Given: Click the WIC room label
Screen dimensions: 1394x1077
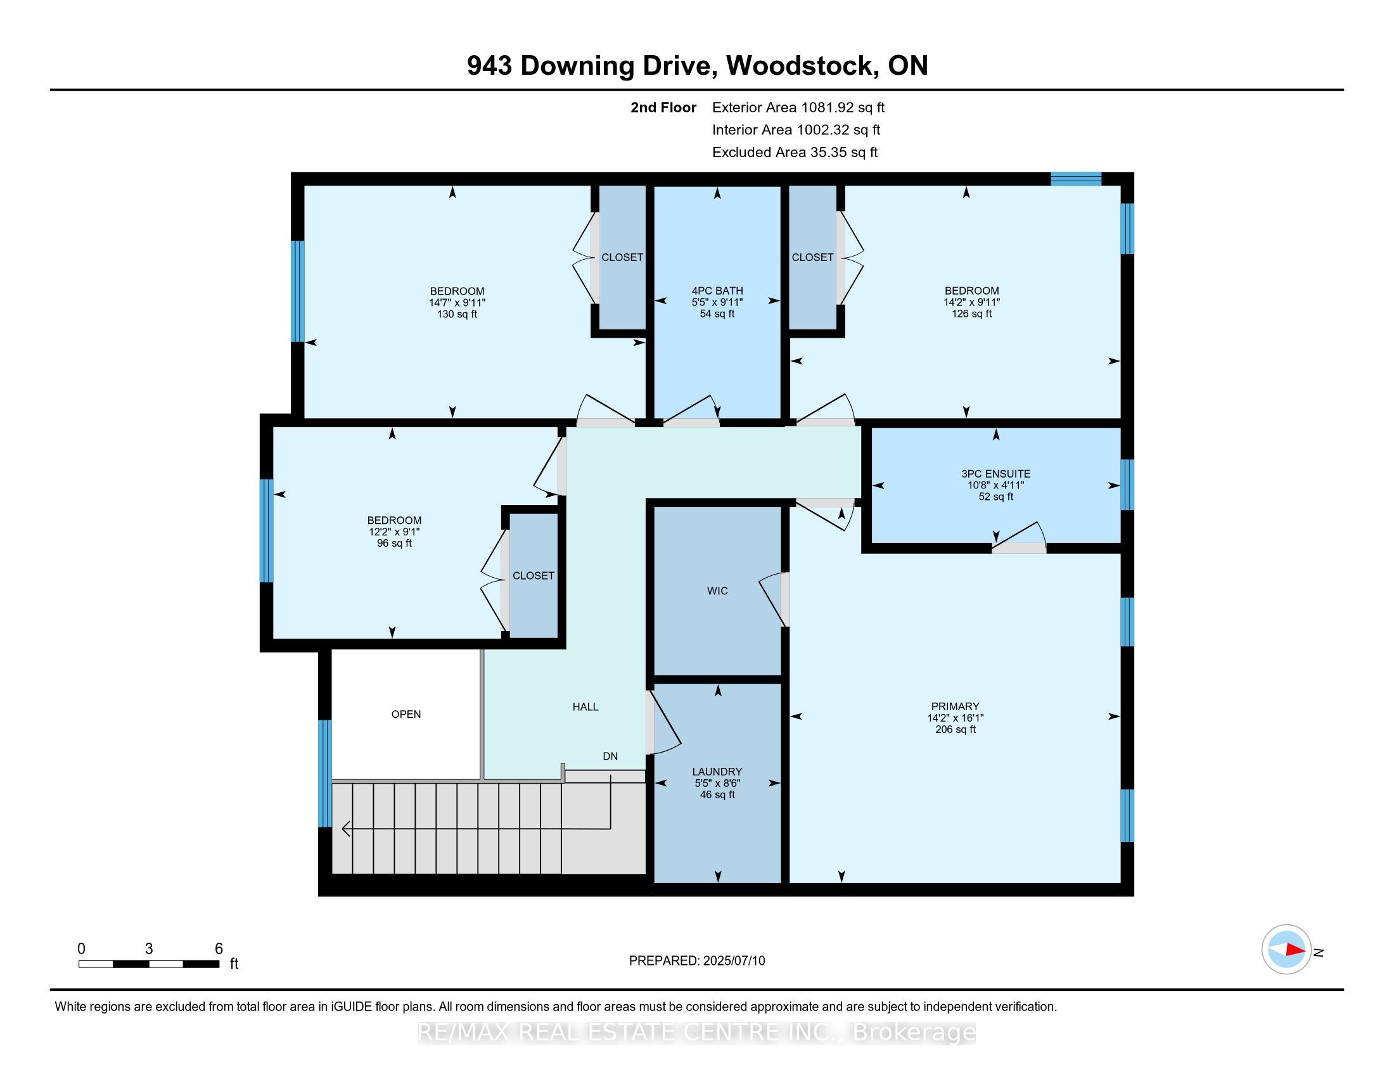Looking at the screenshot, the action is [x=717, y=591].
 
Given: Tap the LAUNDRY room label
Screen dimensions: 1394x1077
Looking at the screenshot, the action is [x=717, y=772].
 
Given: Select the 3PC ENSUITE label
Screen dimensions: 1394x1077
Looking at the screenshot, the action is [x=995, y=474].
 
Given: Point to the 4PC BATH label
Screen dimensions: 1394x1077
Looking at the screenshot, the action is [x=717, y=291].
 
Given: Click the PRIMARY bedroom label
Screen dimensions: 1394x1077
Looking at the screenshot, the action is [x=955, y=706].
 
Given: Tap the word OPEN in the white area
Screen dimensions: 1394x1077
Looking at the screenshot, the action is [x=406, y=714].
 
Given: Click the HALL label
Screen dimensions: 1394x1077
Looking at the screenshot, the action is [x=585, y=707].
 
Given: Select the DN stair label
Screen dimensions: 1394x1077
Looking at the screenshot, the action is [x=610, y=756].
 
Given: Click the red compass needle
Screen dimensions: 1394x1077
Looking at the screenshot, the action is [x=1295, y=950].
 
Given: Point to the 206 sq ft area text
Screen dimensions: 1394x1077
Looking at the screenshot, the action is [x=956, y=729].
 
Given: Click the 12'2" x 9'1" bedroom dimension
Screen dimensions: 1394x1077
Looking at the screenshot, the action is [x=394, y=532].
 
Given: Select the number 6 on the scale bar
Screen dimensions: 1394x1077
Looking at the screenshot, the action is [x=219, y=948].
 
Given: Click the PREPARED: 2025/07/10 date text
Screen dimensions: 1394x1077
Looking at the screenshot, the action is [x=697, y=961].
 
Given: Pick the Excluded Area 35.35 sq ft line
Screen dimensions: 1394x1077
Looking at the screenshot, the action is [x=795, y=153].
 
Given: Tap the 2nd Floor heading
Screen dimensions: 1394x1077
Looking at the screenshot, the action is [x=663, y=107].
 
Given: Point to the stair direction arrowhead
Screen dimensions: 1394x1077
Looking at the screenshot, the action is [x=347, y=829].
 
